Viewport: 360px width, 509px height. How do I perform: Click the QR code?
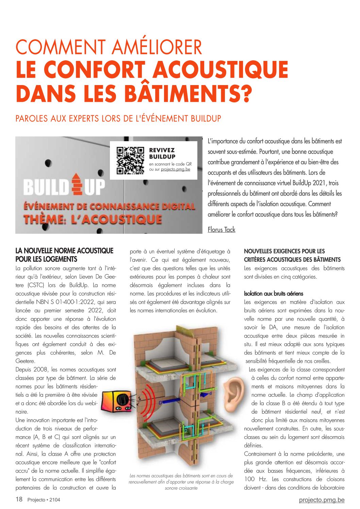click(x=130, y=160)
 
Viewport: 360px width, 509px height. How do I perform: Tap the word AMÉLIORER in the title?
click(x=156, y=47)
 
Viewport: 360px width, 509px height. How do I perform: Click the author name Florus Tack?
click(x=222, y=230)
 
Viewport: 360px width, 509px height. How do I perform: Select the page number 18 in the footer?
click(x=19, y=499)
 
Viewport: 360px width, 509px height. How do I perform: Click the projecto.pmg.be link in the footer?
click(x=322, y=500)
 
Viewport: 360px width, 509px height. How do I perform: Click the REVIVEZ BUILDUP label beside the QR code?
click(x=162, y=153)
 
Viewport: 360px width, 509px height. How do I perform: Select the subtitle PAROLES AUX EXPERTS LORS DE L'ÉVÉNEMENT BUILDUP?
click(x=118, y=119)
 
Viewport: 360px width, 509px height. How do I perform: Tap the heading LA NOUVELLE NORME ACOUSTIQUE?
click(x=64, y=251)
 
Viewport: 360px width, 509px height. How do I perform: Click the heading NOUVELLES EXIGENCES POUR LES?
click(x=284, y=251)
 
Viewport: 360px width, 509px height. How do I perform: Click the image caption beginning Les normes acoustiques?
click(x=181, y=482)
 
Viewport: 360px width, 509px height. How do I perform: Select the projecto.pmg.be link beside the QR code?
click(x=176, y=169)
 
